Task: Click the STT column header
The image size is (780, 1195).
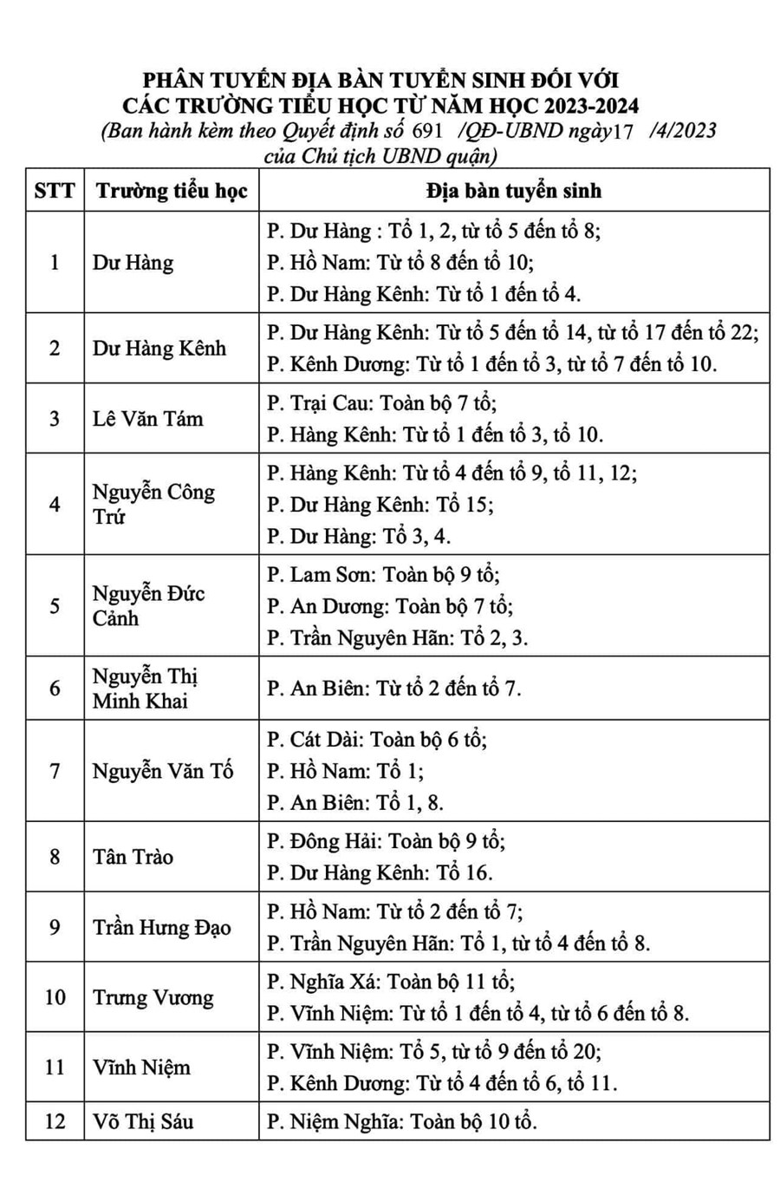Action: [x=55, y=191]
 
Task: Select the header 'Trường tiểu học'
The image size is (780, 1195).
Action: [x=172, y=191]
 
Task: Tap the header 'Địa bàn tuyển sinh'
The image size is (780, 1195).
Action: [x=513, y=191]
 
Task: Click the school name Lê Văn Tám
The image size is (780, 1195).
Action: [x=147, y=419]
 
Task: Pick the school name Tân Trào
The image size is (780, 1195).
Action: [x=133, y=857]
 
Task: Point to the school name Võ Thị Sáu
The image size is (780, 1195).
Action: [x=143, y=1121]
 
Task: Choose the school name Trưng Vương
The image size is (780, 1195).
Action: [x=153, y=997]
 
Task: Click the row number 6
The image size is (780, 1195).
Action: [x=55, y=689]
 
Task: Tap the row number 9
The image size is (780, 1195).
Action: [x=55, y=927]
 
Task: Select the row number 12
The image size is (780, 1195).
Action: [x=55, y=1121]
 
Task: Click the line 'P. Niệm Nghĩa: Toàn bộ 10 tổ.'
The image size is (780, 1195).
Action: [x=402, y=1121]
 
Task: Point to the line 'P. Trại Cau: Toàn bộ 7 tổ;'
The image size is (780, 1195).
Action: [x=381, y=403]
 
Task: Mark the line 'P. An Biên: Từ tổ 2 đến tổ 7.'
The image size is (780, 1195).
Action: [x=394, y=689]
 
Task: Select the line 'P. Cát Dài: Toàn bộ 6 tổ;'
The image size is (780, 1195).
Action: [x=377, y=740]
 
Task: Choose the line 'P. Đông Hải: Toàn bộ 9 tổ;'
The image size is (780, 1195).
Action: [x=386, y=841]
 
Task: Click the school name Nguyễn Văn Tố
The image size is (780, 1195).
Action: [x=163, y=770]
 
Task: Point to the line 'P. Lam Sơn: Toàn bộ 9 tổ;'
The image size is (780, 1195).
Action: [x=383, y=574]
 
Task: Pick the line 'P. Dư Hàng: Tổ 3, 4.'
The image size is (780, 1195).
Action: [x=359, y=536]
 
